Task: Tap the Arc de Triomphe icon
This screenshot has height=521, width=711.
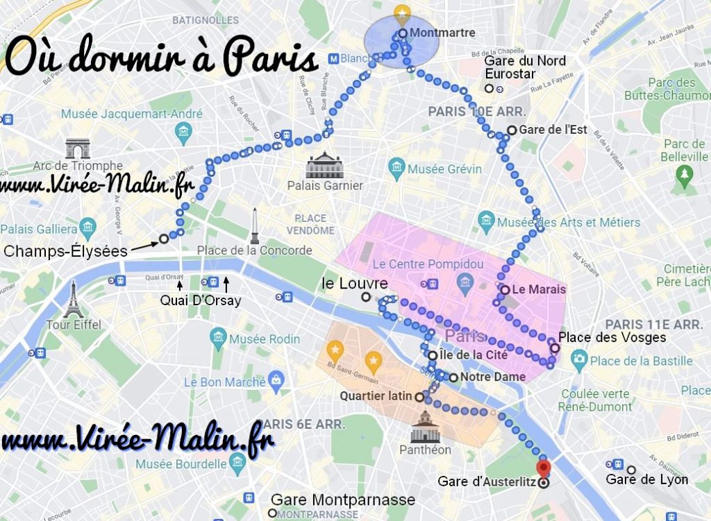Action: [x=78, y=148]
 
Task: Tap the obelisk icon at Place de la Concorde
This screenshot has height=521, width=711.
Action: [x=255, y=225]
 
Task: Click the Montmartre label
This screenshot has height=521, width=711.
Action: [x=442, y=33]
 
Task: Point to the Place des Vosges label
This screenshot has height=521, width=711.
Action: [x=612, y=338]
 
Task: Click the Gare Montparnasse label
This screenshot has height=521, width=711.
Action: [x=342, y=499]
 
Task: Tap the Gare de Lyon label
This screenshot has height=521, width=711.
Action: [x=647, y=479]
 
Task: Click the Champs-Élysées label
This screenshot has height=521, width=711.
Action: [x=65, y=252]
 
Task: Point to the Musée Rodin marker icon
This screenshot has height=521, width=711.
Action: [x=219, y=339]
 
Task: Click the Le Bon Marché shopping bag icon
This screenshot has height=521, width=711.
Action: [x=276, y=380]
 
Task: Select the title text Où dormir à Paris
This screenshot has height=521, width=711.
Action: [x=161, y=60]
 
